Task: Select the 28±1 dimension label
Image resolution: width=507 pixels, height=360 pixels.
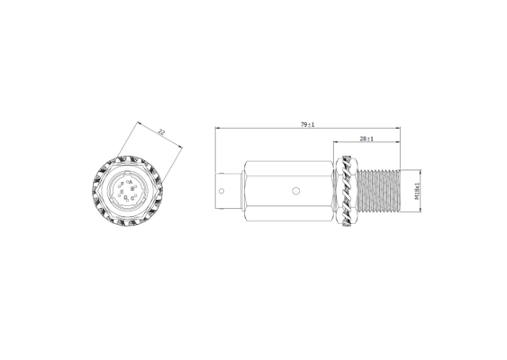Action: coord(367,139)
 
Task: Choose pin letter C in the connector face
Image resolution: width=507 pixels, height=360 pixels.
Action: coord(134,195)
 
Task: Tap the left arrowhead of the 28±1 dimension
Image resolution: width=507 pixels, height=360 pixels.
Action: coord(335,144)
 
